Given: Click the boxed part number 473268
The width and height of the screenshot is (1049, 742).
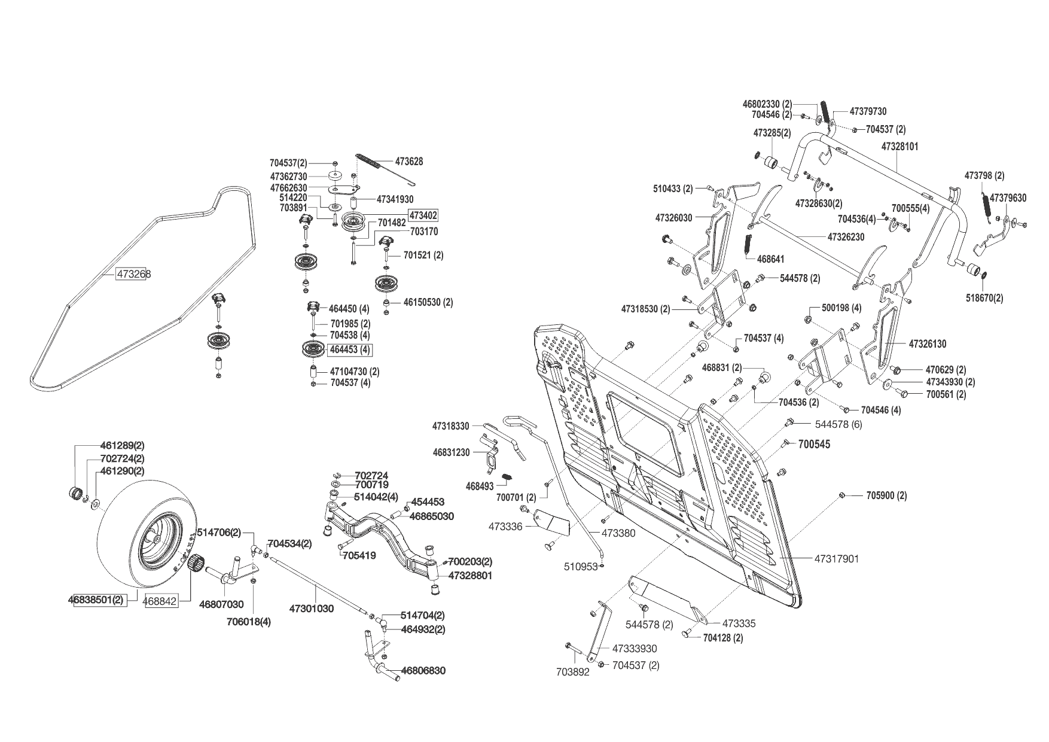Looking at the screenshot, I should click(x=133, y=274).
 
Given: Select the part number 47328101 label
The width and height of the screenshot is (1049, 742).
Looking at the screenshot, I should click(x=900, y=147).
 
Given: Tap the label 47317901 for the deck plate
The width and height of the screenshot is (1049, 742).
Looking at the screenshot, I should click(x=836, y=559).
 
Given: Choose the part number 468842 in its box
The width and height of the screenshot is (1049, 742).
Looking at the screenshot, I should click(x=162, y=601).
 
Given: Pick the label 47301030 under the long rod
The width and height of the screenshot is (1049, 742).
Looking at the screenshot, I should click(x=311, y=609).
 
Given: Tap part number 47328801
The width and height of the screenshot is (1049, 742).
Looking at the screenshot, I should click(x=470, y=575).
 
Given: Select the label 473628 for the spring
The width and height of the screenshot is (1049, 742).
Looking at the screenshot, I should click(x=409, y=162).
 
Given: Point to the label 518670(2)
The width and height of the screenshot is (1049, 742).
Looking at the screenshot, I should click(x=985, y=298).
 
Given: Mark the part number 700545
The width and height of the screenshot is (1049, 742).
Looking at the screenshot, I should click(x=814, y=445).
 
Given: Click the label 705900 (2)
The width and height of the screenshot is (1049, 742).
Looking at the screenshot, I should click(x=886, y=495).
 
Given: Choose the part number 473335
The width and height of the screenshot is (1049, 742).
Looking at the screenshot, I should click(x=739, y=624).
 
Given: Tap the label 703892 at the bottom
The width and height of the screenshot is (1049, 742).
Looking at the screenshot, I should click(x=573, y=672).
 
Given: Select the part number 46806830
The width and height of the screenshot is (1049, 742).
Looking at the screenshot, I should click(x=423, y=671).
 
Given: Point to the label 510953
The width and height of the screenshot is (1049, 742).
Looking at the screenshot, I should click(x=580, y=566).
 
